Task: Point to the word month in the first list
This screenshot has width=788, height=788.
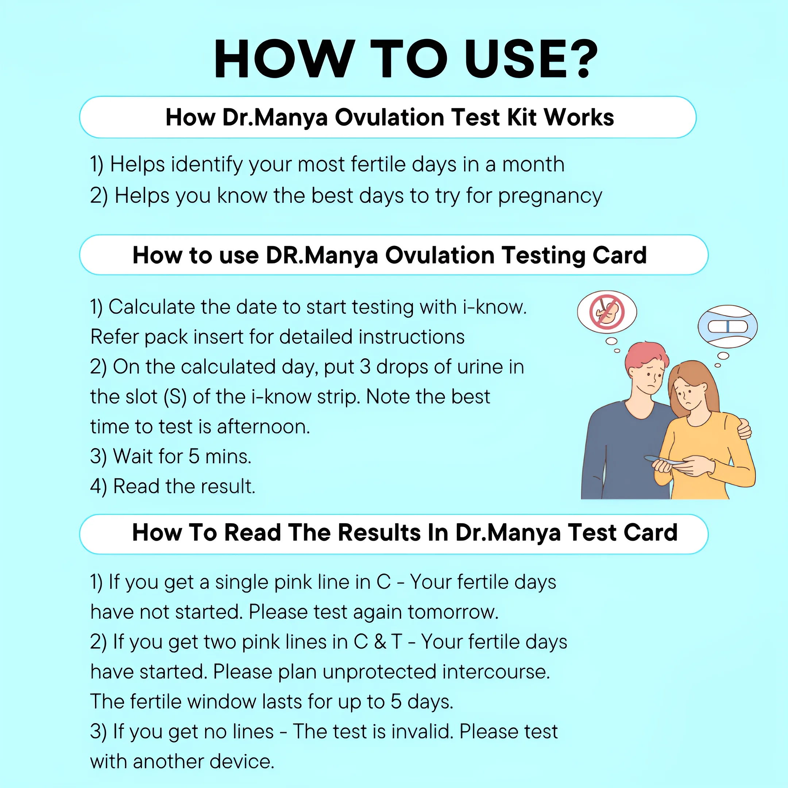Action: (533, 165)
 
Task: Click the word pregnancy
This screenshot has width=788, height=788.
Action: (550, 197)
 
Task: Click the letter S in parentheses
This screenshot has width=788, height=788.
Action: (175, 397)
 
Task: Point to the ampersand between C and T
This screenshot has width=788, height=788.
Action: (380, 642)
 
